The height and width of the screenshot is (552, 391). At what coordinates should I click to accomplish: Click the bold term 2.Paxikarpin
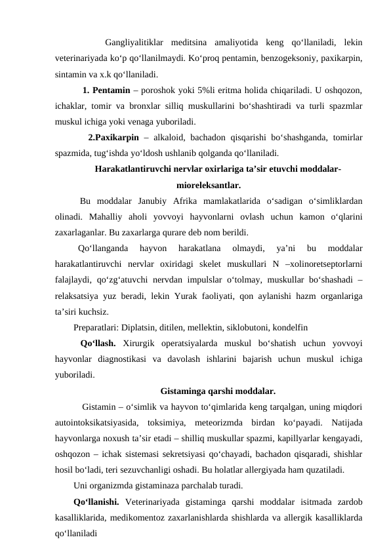(113, 138)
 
